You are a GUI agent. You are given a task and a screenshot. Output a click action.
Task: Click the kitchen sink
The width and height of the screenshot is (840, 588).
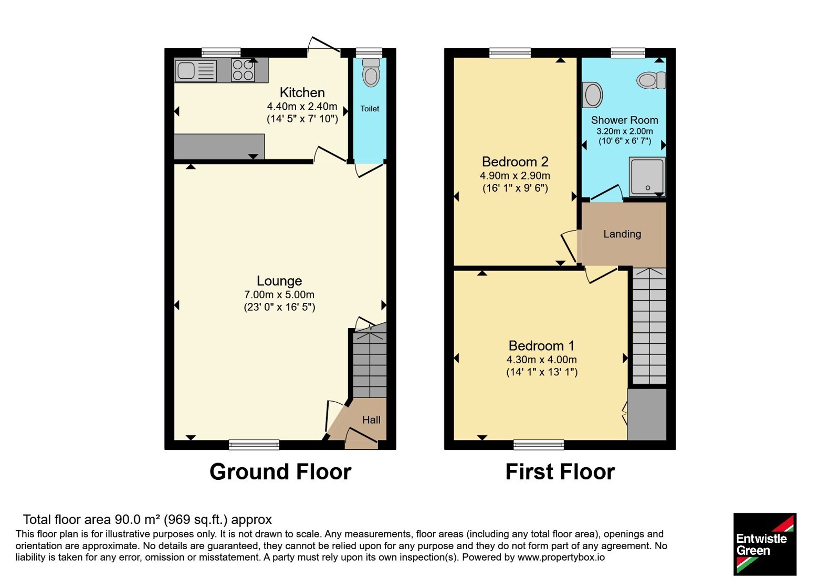tap(196, 70)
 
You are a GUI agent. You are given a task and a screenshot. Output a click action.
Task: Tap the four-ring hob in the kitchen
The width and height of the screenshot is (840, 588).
tap(243, 70)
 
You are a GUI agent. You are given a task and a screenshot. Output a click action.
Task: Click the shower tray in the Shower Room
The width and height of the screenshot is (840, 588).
tap(647, 176)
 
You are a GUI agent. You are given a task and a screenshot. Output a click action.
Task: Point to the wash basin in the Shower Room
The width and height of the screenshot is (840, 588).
tap(593, 94)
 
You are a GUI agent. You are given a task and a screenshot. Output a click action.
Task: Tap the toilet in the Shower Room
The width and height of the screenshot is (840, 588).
tap(651, 80)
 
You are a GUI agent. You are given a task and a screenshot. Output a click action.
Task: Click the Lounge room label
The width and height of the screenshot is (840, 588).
tap(279, 281)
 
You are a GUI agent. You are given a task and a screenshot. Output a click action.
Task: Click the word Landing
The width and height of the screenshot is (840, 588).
tap(622, 234)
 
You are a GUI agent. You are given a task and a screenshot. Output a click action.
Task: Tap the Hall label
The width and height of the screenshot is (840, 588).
tap(371, 419)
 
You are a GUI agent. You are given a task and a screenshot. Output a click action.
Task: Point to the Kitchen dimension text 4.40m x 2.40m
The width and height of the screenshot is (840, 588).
tap(302, 107)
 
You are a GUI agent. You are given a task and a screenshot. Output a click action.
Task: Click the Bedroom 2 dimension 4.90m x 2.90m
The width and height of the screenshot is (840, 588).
tap(515, 175)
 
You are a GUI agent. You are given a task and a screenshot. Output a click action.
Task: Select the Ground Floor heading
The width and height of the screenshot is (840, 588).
tap(280, 472)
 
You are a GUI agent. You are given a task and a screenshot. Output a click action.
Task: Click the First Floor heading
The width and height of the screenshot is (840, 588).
tap(560, 472)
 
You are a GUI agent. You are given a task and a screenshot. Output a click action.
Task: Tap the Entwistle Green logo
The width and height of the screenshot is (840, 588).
tap(765, 544)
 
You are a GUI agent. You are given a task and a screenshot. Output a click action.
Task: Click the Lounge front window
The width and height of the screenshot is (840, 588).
tap(254, 445)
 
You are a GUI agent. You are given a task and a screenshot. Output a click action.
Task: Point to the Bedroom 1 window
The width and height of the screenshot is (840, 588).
tap(539, 445)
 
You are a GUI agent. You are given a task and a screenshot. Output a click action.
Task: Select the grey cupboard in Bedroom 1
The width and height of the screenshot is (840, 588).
tap(647, 414)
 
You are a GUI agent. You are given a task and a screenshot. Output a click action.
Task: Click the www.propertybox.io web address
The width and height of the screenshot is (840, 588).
tap(561, 557)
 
